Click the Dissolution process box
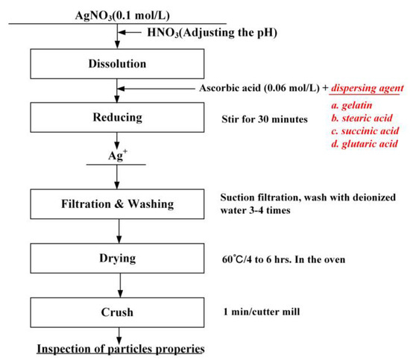(114, 65)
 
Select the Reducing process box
(114, 117)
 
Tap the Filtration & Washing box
(114, 203)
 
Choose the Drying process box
(114, 257)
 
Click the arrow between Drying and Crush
(114, 285)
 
